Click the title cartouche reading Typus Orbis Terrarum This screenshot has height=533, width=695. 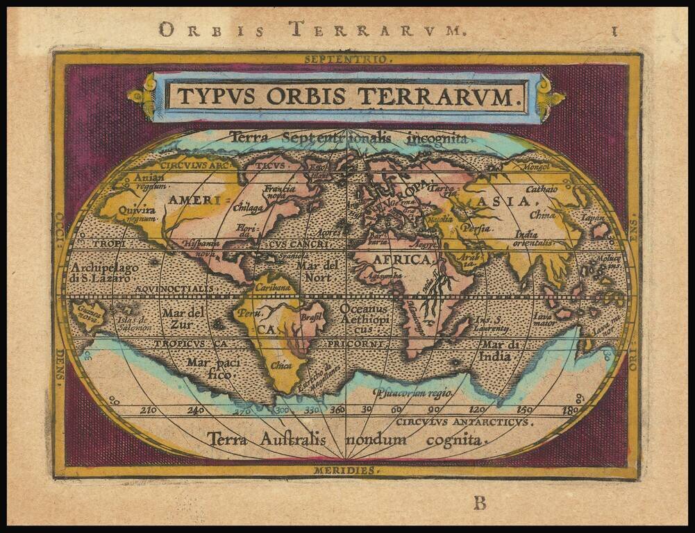tap(345, 96)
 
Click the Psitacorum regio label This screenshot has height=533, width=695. tap(413, 393)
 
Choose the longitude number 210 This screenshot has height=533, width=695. tap(149, 410)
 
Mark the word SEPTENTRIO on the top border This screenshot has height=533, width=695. tap(348, 59)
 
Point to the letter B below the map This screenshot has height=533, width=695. tap(479, 503)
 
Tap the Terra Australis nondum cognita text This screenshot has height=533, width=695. tap(345, 439)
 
